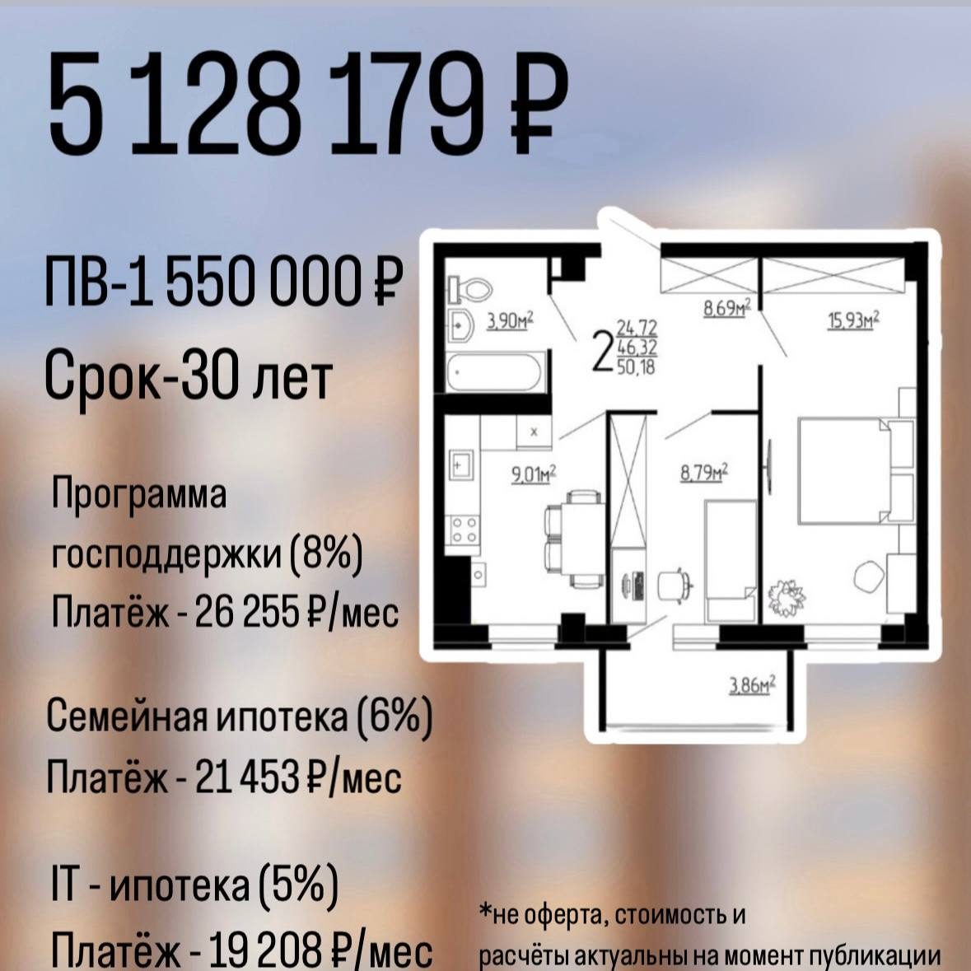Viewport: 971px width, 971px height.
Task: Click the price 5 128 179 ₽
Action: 308,103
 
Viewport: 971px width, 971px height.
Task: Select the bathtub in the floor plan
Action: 495,372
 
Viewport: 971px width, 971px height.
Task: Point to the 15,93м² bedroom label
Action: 854,320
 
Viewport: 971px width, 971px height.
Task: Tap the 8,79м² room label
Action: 704,473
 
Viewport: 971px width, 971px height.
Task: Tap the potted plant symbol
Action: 787,598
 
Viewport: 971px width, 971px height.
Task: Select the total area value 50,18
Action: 636,366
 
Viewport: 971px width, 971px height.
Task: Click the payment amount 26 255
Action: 246,613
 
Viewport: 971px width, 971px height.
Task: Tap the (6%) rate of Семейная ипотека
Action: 394,717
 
